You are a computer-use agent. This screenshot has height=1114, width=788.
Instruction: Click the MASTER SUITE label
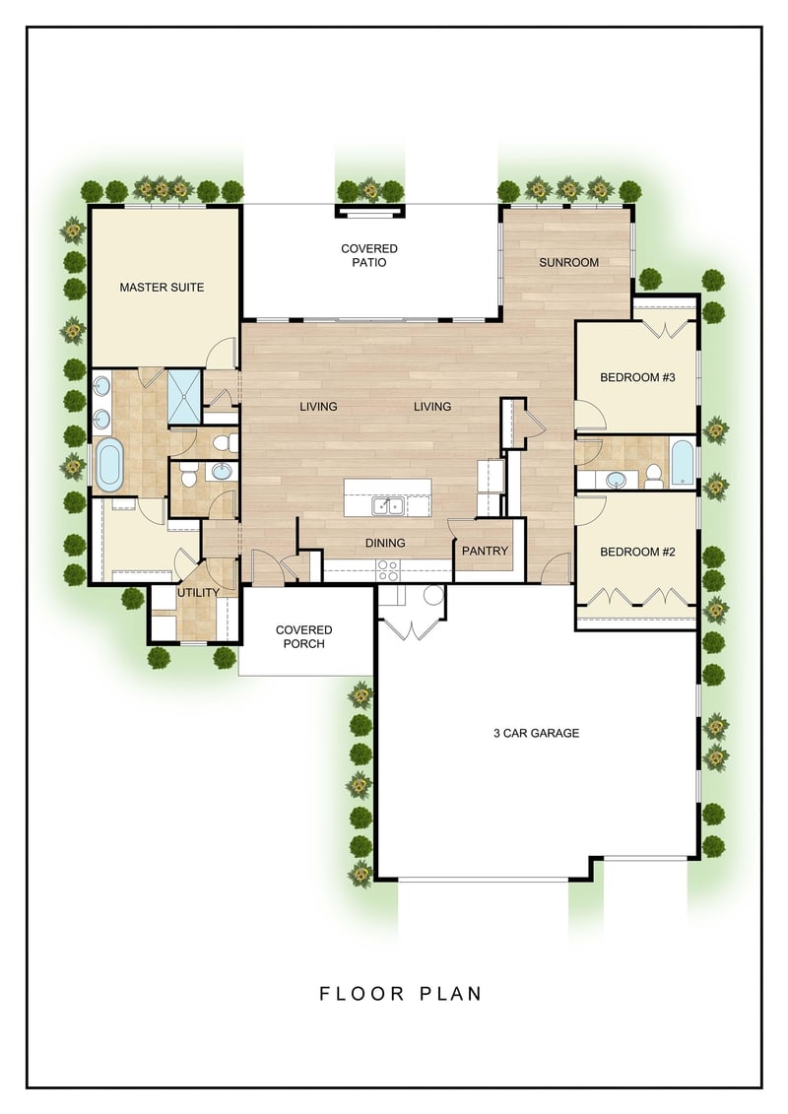[162, 287]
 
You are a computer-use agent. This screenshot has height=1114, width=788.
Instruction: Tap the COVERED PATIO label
[368, 255]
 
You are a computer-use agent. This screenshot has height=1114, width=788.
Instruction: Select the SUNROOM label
[568, 262]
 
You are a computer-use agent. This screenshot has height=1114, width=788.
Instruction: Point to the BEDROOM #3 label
[637, 377]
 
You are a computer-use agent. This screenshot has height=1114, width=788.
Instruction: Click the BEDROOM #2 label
[637, 552]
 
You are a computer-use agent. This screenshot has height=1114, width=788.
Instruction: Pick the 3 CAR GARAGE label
[537, 733]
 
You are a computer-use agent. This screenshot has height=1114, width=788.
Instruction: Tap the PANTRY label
[486, 551]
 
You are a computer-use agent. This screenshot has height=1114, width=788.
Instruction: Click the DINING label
[385, 543]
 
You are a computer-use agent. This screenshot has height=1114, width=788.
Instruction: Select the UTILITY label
[198, 593]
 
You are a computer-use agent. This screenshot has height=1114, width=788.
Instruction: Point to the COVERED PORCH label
[304, 636]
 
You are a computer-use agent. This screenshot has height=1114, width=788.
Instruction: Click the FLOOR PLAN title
[401, 993]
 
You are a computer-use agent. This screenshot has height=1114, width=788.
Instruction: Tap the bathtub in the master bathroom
[109, 465]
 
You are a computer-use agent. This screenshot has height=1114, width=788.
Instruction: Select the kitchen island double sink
[388, 506]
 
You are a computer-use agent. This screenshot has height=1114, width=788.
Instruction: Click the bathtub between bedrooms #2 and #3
[683, 463]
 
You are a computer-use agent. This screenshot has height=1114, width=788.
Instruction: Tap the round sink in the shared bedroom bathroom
[616, 481]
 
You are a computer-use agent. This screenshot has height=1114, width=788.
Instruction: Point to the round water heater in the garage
[432, 595]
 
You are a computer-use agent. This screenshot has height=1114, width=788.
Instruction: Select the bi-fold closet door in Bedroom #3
[665, 329]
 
